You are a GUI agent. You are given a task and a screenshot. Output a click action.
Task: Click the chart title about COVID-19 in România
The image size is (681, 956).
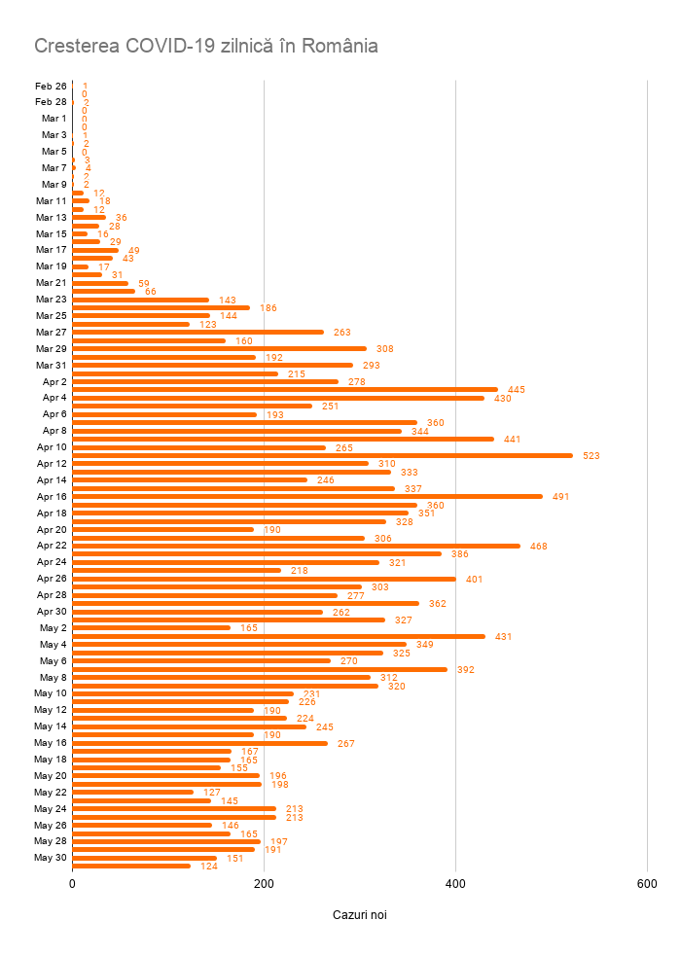(x=206, y=46)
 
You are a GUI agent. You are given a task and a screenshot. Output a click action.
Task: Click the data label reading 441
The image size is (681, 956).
(x=513, y=440)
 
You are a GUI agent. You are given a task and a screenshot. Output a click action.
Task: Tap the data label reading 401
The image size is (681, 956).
(x=474, y=580)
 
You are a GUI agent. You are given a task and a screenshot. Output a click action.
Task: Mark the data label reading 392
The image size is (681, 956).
(x=466, y=670)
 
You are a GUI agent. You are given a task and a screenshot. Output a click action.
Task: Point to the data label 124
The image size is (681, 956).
(x=209, y=867)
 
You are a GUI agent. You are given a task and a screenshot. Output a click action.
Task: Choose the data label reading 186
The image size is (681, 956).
(x=269, y=308)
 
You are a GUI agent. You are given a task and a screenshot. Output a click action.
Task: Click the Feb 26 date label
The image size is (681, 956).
(x=51, y=86)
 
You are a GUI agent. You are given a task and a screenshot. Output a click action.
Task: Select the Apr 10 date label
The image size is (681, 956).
(x=52, y=446)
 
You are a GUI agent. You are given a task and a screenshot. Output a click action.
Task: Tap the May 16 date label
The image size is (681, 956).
(x=51, y=743)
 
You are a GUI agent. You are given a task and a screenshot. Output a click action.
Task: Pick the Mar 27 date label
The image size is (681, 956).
(x=52, y=332)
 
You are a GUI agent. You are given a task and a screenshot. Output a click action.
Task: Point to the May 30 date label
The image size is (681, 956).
(x=51, y=858)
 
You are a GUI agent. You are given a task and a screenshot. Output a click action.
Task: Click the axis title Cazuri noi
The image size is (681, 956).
(x=360, y=915)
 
